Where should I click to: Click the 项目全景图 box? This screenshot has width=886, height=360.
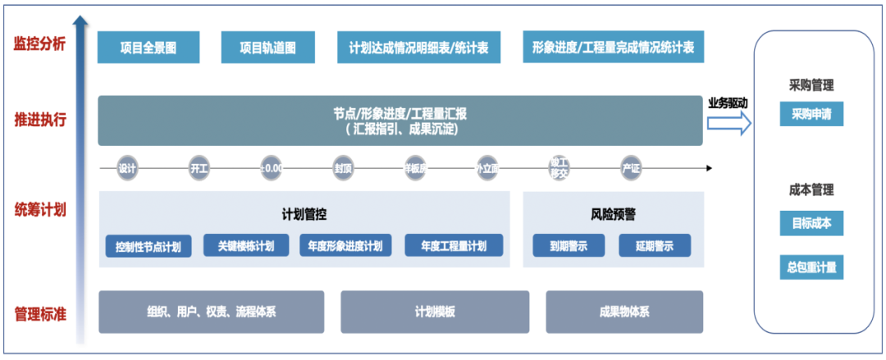coord(148,48)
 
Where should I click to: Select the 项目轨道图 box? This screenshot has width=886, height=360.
coord(267,48)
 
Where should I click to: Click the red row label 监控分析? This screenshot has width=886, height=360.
coord(39,43)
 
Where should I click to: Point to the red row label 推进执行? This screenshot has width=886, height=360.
coord(39,120)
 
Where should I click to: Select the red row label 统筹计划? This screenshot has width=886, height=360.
coord(39,209)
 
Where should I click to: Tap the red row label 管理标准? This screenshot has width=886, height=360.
coord(39,313)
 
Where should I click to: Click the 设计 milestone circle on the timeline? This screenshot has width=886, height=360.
coord(127,168)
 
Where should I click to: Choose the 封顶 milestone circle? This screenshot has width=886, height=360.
coord(343,168)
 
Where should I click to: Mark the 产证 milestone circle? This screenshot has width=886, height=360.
coord(631,168)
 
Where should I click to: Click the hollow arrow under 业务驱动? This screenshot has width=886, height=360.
coord(729,124)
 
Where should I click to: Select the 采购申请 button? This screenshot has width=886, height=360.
coord(811,115)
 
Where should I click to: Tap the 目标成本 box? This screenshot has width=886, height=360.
coord(811,222)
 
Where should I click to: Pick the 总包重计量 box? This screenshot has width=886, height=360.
coord(811,267)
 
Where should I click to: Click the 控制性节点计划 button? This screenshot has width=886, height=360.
coord(148,246)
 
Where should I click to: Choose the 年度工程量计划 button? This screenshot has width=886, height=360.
coord(454,245)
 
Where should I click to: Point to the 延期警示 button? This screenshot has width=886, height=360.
coord(655,245)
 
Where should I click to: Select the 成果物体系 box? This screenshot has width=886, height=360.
coord(624,312)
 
